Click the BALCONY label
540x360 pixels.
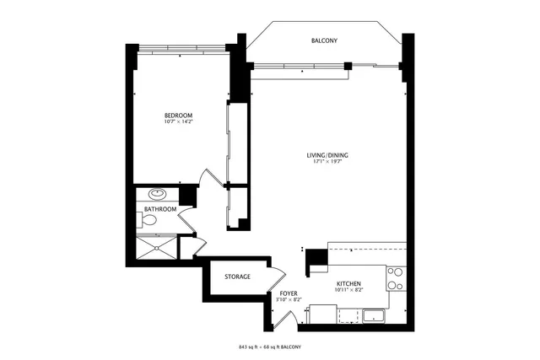point(325,40)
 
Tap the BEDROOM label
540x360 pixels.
point(178,115)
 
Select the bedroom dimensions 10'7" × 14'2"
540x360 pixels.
point(178,122)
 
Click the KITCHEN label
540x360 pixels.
point(349,283)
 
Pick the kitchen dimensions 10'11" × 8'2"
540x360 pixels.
point(349,291)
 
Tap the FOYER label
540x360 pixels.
point(278,293)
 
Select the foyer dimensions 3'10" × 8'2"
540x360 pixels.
point(278,300)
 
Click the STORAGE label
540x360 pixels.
point(237,277)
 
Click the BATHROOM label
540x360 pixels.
point(160,209)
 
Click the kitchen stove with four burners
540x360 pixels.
point(395,278)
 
